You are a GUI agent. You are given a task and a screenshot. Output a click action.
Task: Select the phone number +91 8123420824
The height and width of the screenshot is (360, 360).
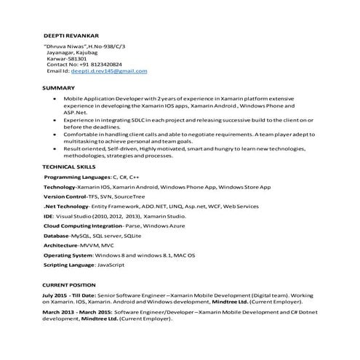(101, 65)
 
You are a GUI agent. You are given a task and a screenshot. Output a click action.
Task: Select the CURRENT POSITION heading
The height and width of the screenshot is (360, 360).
(68, 284)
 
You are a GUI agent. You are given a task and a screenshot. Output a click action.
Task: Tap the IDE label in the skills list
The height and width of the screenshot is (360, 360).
(48, 216)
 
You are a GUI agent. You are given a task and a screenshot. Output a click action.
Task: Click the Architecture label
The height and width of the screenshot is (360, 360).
(61, 246)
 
